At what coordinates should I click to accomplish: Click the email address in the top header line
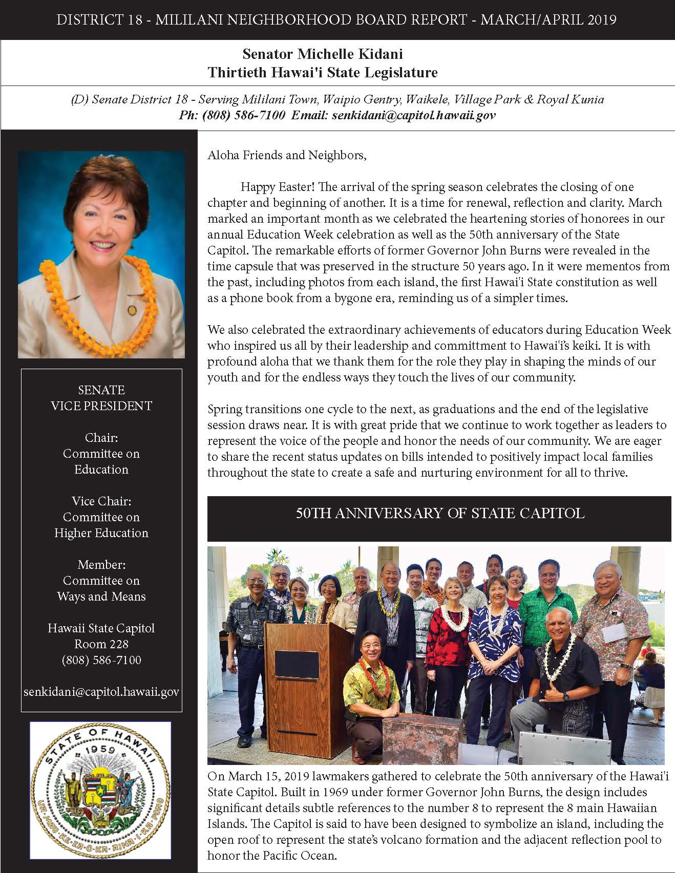(x=413, y=115)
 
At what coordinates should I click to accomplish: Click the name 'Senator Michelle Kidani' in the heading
(x=323, y=54)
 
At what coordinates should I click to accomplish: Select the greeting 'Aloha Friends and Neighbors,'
(x=287, y=155)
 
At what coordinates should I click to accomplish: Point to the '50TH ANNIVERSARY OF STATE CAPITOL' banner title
(x=439, y=513)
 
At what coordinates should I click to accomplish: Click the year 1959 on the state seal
(x=100, y=751)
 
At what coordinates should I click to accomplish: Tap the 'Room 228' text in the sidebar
(x=101, y=644)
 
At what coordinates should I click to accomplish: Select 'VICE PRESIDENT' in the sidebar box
(x=101, y=406)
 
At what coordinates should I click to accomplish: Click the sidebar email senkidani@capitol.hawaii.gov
(x=101, y=692)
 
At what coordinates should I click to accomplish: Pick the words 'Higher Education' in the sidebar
(x=101, y=533)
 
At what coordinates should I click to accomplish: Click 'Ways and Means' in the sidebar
(x=101, y=597)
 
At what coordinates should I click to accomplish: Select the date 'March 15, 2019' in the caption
(x=267, y=776)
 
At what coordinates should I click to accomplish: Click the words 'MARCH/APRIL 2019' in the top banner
(x=549, y=20)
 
